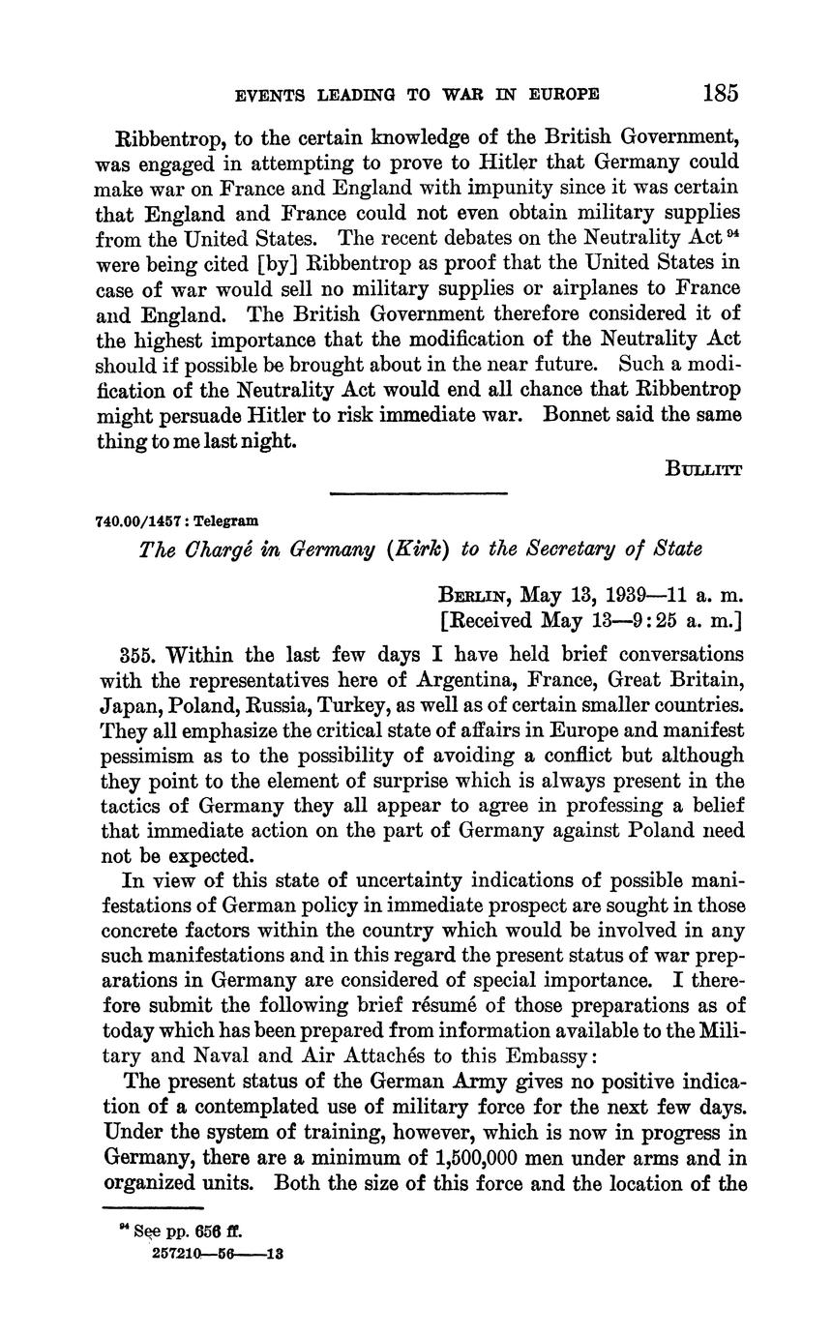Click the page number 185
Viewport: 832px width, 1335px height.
click(x=721, y=93)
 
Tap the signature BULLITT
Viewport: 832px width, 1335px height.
click(x=703, y=469)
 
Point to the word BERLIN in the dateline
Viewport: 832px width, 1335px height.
click(x=474, y=592)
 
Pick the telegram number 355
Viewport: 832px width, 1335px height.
click(x=136, y=655)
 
